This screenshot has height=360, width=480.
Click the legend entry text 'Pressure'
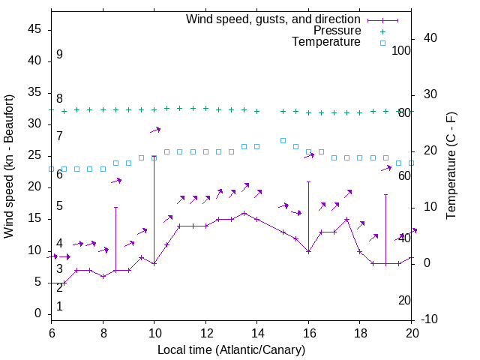(337, 31)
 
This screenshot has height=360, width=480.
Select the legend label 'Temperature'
(326, 42)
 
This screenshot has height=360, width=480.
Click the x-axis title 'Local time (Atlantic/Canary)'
(231, 349)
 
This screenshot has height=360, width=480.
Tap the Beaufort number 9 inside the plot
(59, 55)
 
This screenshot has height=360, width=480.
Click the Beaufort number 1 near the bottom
(59, 306)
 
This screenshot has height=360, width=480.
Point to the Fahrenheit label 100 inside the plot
(401, 51)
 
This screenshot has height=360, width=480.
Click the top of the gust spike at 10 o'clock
(154, 157)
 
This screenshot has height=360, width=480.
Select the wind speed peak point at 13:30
(244, 213)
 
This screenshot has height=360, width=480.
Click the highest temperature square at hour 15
(283, 140)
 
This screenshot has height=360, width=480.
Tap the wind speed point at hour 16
(308, 251)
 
